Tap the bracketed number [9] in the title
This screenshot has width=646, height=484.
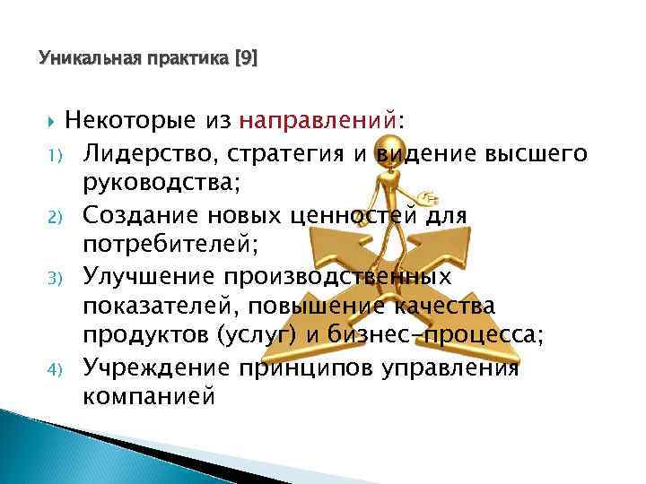pos(244,60)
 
